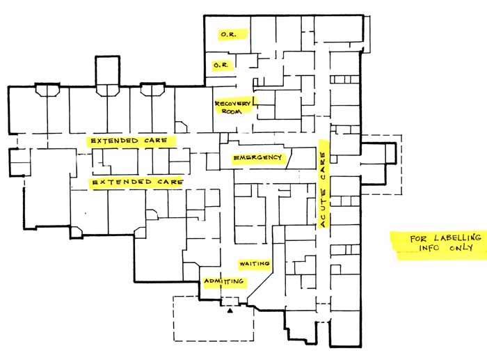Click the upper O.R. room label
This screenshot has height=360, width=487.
click(x=228, y=34)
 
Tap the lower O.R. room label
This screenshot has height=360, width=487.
click(x=221, y=65)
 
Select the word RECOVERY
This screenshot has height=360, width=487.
click(x=232, y=104)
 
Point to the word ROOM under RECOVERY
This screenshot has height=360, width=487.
click(x=232, y=111)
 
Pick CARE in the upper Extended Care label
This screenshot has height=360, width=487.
click(x=156, y=141)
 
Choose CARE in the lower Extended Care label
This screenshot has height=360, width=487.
click(x=170, y=181)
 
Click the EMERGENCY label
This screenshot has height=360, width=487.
click(x=257, y=157)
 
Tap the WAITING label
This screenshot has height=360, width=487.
click(x=255, y=264)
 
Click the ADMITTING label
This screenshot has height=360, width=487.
click(x=223, y=281)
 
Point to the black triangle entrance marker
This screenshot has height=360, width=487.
click(x=230, y=311)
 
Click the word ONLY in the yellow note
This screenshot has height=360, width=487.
click(x=461, y=248)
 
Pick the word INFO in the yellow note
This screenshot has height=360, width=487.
click(x=429, y=248)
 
